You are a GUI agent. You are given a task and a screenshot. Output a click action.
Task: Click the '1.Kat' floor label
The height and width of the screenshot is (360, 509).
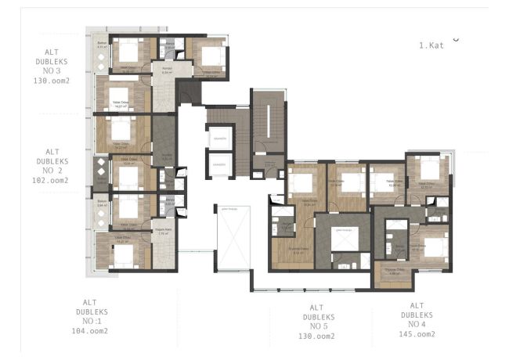coord(431,45)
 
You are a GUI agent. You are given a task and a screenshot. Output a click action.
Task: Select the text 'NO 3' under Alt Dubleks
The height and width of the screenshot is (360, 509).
coord(52,70)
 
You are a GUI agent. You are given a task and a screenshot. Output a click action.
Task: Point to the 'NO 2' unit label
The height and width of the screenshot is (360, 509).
coord(52,170)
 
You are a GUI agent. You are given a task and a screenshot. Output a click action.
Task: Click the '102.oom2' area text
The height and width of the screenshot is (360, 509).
coord(52,180)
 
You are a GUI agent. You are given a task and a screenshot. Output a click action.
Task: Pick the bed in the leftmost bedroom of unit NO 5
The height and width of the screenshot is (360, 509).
coord(301,183)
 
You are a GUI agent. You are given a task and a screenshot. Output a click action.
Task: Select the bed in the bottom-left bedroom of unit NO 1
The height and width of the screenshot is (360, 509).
coord(123,254)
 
